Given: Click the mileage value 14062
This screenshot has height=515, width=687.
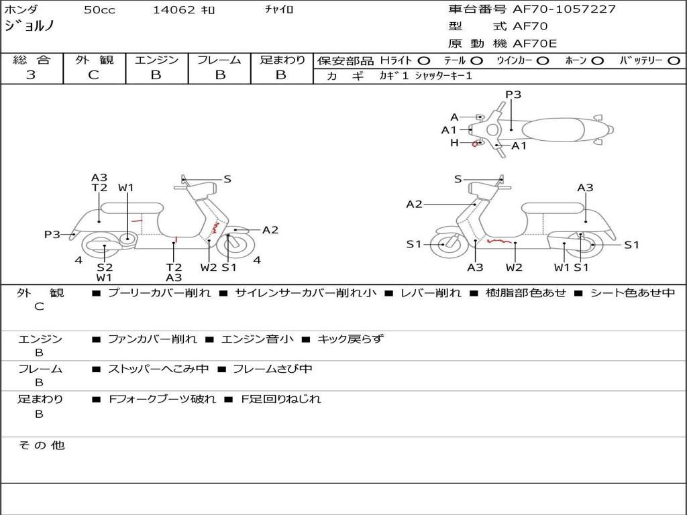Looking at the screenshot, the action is click(174, 10).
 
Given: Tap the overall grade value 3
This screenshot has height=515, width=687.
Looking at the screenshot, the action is click(31, 75).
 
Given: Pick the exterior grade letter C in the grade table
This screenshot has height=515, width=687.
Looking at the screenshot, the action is click(94, 75).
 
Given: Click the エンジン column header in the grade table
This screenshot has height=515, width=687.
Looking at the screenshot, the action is click(156, 60).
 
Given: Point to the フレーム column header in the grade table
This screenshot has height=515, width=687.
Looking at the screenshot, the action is click(219, 60).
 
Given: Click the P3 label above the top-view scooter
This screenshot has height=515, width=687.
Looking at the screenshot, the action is click(513, 95).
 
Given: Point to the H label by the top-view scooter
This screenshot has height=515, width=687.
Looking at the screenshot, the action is click(454, 143).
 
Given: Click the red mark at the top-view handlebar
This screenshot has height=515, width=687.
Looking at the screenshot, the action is click(475, 144).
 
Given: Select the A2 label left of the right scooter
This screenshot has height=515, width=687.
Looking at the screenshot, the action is click(414, 205).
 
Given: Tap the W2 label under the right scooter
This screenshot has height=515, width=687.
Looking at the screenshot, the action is click(514, 268).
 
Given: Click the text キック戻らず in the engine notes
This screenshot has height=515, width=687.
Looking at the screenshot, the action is click(350, 339).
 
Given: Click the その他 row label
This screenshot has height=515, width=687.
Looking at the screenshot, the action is click(41, 445).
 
